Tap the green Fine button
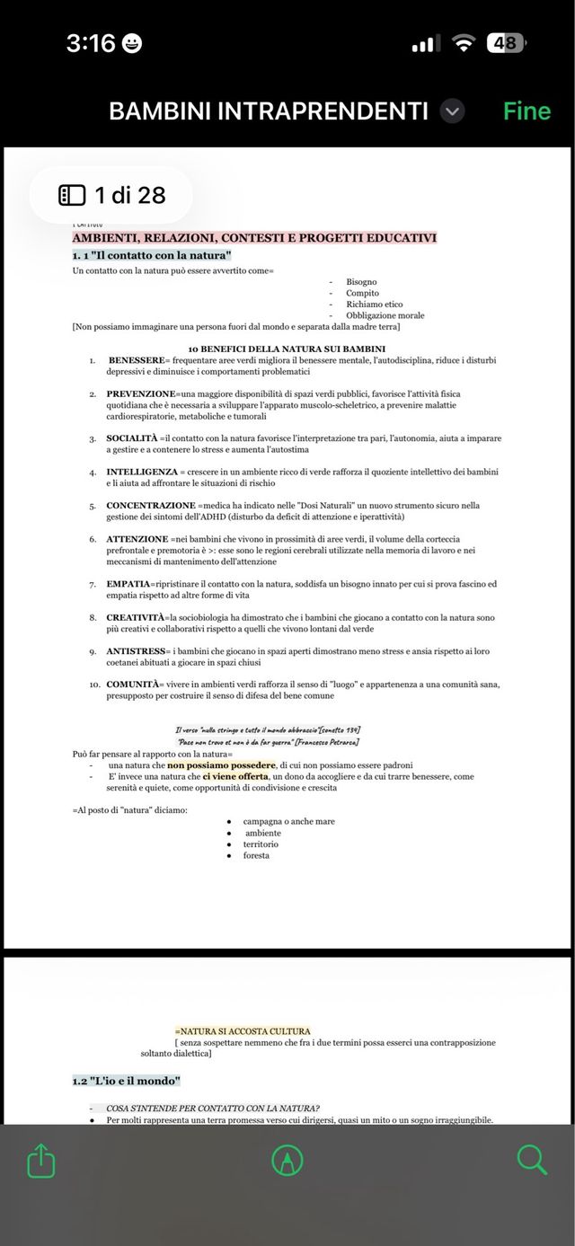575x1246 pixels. [526, 111]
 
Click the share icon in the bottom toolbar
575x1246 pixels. [41, 1160]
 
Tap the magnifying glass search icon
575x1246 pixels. [532, 1160]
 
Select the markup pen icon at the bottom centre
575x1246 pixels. [287, 1161]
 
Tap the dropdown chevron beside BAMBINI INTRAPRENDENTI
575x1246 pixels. [454, 111]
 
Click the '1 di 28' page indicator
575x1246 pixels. [112, 195]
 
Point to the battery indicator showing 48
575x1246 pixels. [505, 43]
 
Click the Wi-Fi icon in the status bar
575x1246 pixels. [464, 43]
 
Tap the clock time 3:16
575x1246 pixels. [91, 43]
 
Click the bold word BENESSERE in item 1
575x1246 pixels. [137, 360]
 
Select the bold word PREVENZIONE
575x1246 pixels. [141, 393]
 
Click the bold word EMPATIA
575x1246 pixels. [128, 584]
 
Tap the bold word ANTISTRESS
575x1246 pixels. [136, 650]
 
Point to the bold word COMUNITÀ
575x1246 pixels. [134, 685]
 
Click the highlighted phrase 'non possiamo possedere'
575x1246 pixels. [221, 764]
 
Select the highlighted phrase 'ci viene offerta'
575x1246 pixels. [235, 776]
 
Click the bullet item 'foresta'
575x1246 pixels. [256, 855]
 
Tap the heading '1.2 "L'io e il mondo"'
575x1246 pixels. [127, 1080]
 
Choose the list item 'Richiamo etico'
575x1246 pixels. [374, 305]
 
